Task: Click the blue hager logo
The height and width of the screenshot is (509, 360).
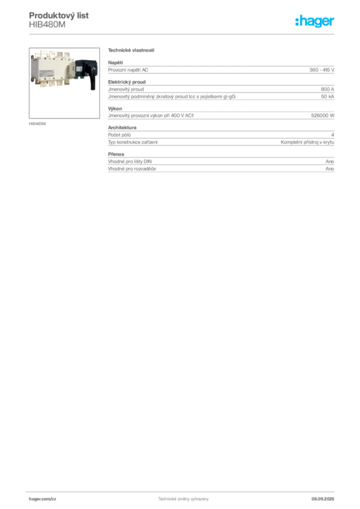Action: tap(316, 21)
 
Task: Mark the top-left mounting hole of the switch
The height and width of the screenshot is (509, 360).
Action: tap(33, 56)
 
